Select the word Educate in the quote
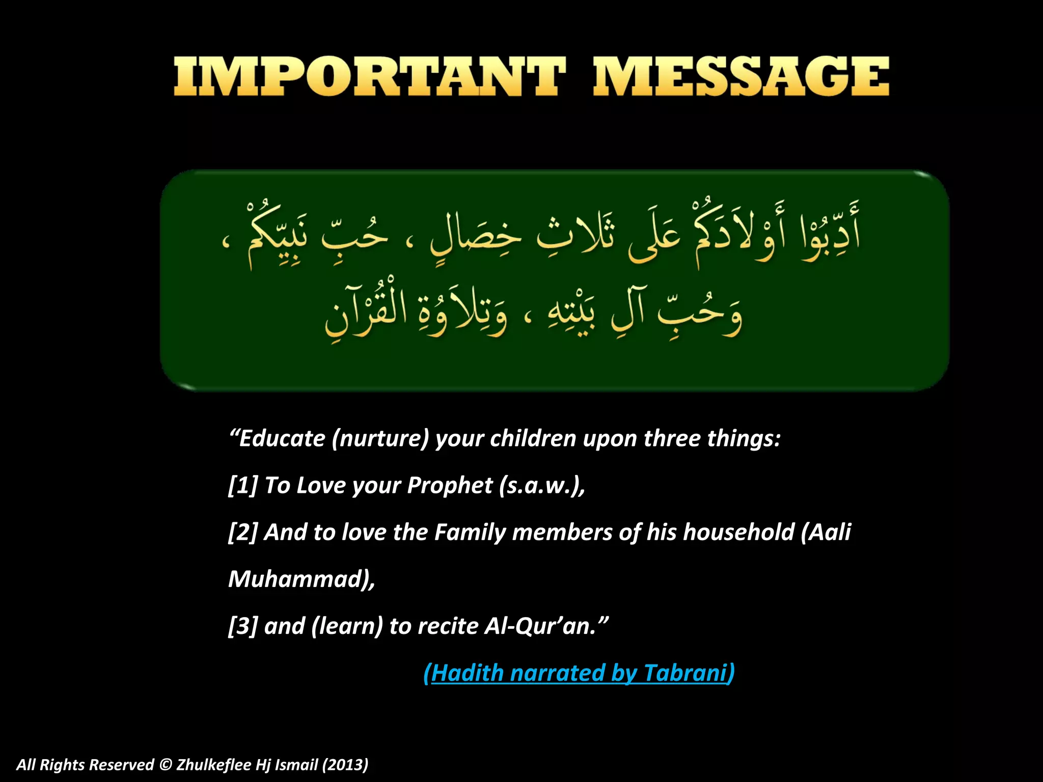tap(282, 439)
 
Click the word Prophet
tap(450, 486)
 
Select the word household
tap(738, 533)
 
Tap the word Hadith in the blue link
tap(468, 673)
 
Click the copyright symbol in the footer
tap(165, 765)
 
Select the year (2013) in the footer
tap(345, 765)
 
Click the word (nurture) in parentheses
tap(380, 439)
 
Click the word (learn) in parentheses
tap(347, 626)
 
